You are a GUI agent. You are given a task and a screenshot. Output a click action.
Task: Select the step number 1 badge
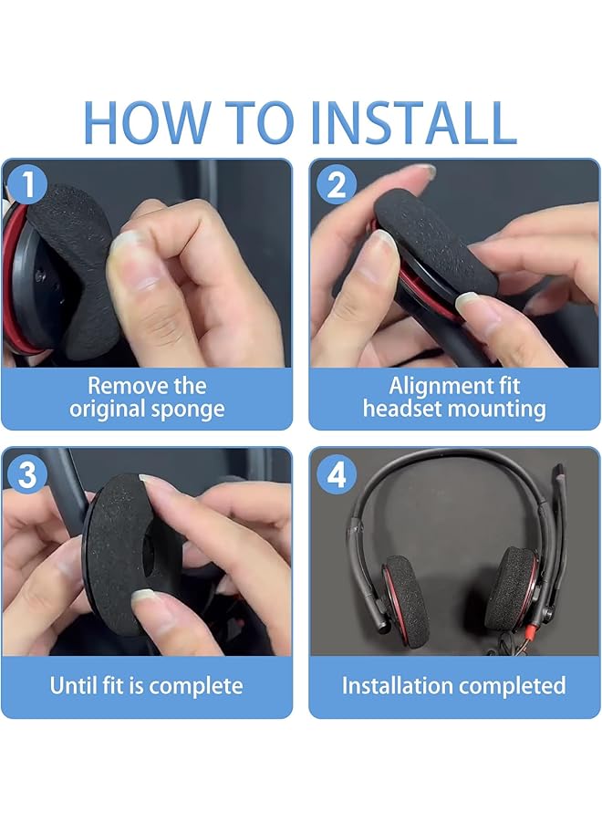26,183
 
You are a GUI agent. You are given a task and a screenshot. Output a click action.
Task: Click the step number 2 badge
336,184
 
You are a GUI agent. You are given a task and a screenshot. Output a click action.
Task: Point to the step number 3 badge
26,473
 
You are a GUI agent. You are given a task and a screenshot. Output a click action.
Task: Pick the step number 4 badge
336,473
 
